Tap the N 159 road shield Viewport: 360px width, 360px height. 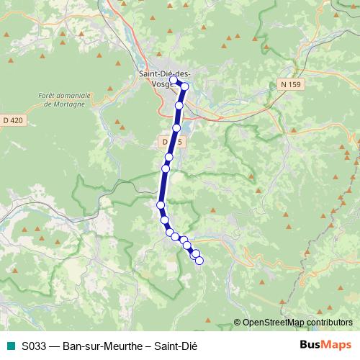point(290,84)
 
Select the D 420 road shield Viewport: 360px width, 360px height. point(14,120)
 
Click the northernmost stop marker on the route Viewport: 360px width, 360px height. point(174,80)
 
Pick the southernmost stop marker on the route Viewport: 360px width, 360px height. point(199,261)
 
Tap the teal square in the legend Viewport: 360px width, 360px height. point(10,345)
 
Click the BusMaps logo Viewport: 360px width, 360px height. point(325,344)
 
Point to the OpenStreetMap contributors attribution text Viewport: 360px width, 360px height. point(297,323)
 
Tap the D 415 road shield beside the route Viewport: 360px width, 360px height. point(172,143)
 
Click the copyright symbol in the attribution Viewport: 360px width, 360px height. point(238,323)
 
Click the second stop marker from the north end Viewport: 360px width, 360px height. point(184,86)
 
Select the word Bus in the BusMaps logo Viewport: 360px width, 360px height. point(310,344)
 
